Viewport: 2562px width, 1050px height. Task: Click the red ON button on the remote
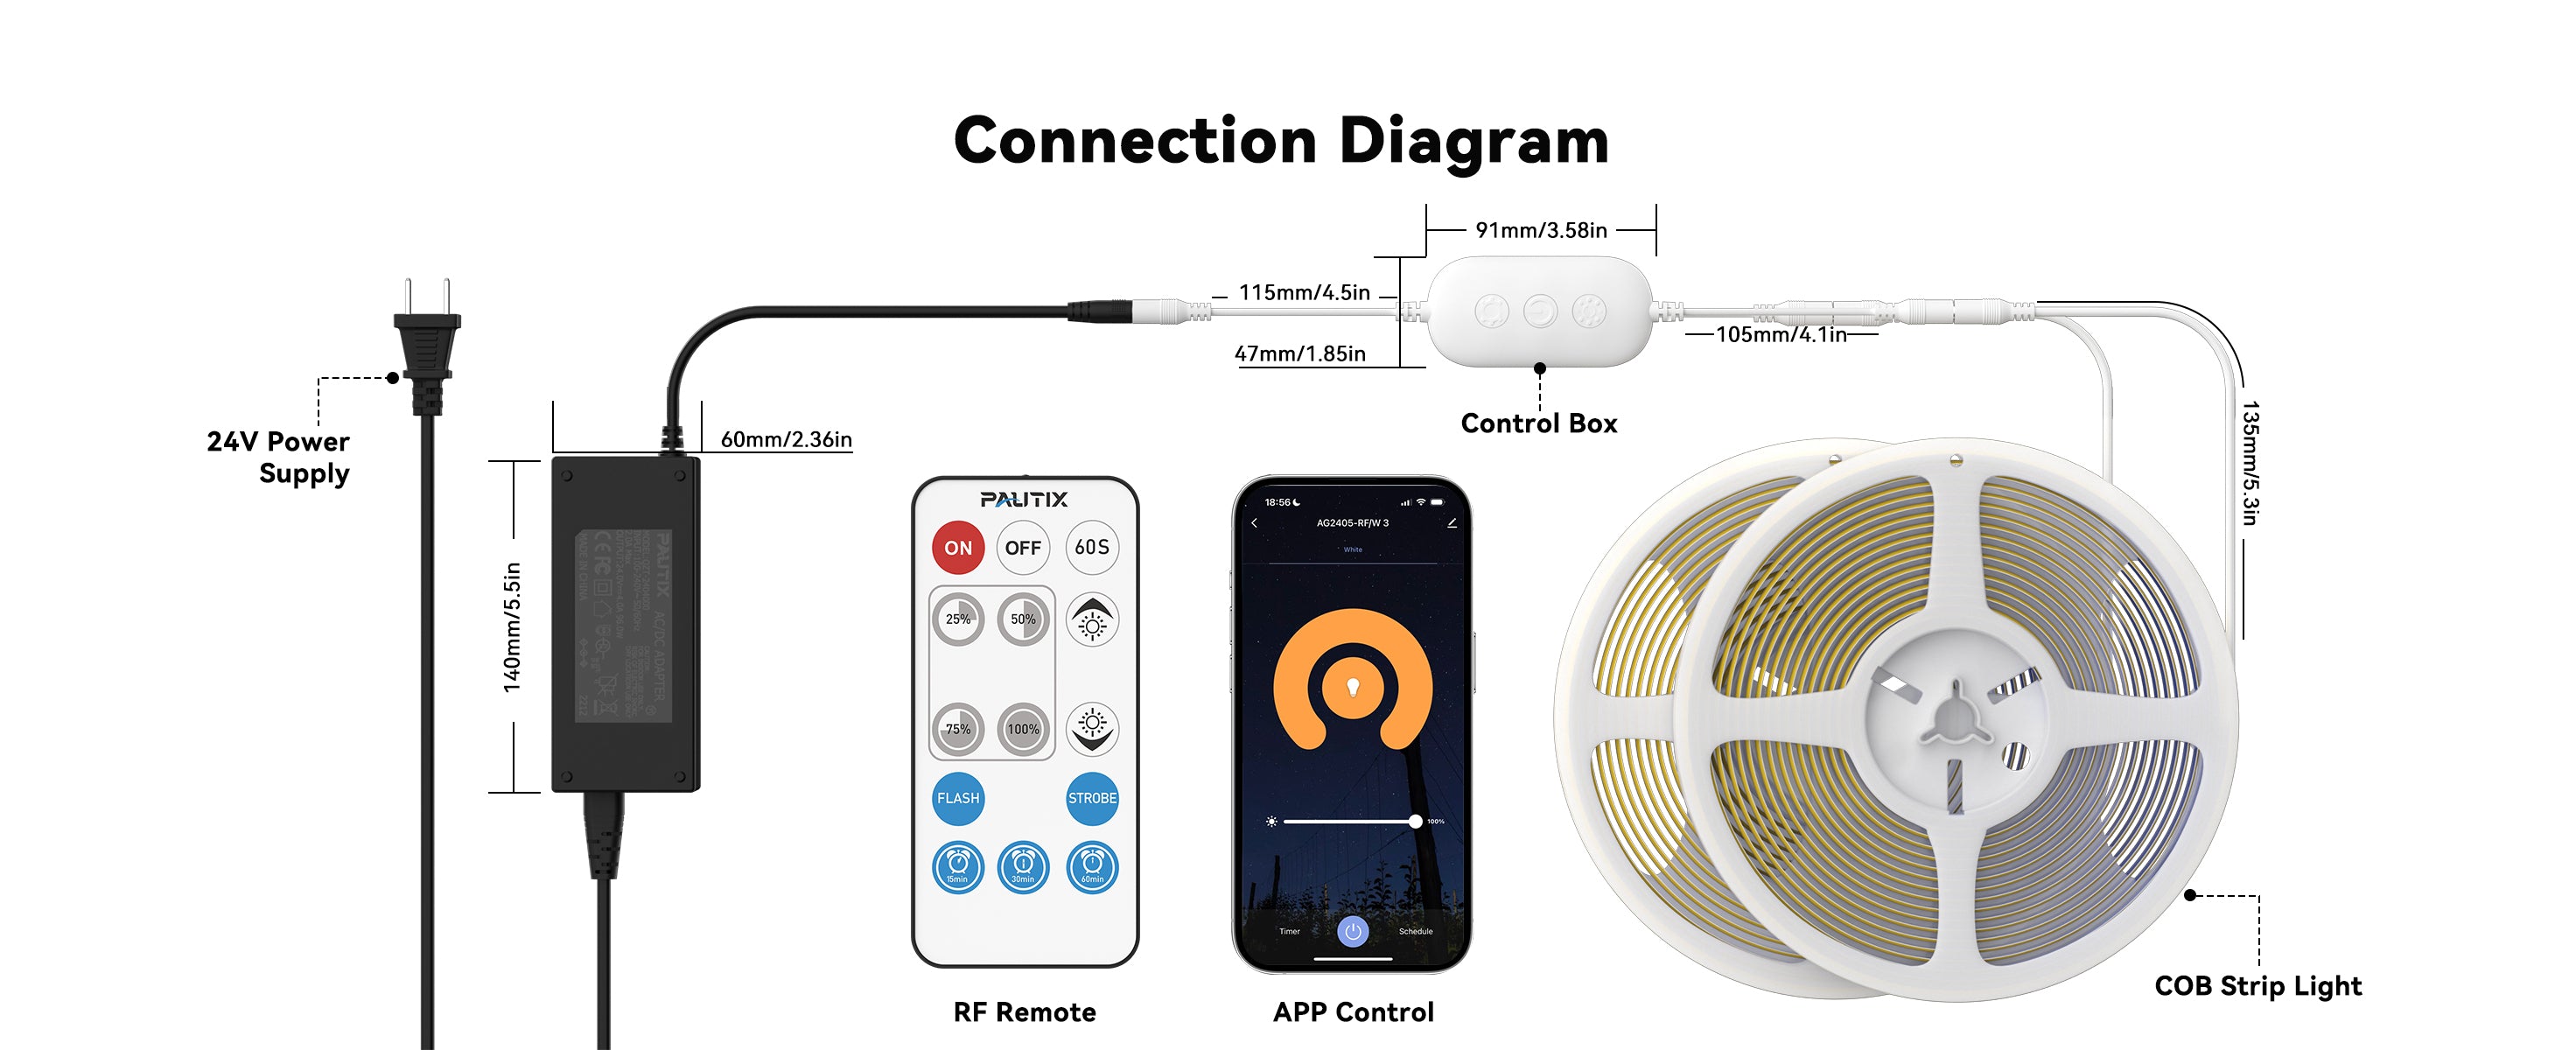point(958,548)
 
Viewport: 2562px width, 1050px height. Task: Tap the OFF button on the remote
point(1022,548)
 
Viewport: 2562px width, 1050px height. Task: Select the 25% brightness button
point(958,619)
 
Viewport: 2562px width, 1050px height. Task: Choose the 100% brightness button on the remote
point(1022,729)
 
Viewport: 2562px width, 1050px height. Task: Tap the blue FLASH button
point(958,798)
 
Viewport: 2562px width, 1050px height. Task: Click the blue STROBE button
point(1092,798)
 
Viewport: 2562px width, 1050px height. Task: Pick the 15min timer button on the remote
point(958,867)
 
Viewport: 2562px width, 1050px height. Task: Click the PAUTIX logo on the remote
point(1024,499)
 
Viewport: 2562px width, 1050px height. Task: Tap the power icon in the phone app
point(1353,932)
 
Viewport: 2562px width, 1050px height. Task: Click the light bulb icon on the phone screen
point(1353,686)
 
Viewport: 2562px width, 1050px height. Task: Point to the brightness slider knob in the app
point(1415,822)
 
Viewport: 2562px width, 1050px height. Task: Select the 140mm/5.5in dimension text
point(512,627)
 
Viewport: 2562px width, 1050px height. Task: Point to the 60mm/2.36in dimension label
point(786,439)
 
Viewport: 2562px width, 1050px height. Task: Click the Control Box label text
point(1538,423)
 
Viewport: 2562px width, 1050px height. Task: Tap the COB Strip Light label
point(2257,985)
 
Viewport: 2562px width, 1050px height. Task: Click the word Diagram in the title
point(1474,141)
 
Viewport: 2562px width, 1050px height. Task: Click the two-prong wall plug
point(428,343)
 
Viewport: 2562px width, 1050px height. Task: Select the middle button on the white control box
point(1540,312)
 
